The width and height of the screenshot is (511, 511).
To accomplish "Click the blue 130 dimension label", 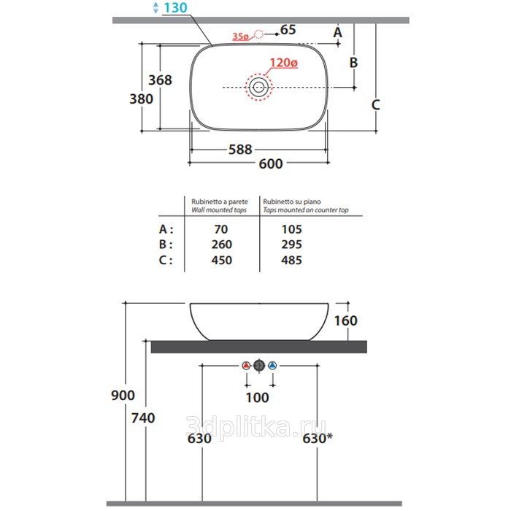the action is tap(175, 8).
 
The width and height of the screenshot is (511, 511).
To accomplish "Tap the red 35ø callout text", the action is tap(240, 36).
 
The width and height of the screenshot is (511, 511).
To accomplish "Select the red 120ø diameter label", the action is tap(284, 63).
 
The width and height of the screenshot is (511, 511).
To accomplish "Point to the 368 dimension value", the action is tap(160, 80).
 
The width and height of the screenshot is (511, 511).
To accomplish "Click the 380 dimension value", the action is tap(141, 99).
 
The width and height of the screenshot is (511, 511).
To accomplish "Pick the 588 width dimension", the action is tap(240, 150).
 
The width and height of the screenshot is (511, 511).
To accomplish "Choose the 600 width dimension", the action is tap(271, 164).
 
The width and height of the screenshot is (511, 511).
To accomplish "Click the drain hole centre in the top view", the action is tap(258, 87).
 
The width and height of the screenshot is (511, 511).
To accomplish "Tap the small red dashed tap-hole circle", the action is tap(258, 34).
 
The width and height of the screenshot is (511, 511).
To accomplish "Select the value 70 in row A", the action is tap(221, 229).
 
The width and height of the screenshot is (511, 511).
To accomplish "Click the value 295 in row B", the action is tap(292, 245).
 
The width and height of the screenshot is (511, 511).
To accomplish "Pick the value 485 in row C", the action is tap(292, 260).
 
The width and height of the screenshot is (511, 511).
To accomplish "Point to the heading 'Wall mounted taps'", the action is tap(219, 210).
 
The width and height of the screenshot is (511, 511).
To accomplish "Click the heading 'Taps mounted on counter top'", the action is tap(306, 210).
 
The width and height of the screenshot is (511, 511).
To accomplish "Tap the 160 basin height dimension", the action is tap(346, 320).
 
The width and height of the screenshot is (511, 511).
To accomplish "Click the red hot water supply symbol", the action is tap(247, 366).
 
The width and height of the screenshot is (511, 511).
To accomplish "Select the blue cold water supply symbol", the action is tap(272, 366).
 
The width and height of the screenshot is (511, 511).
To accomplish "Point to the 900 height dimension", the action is tap(123, 396).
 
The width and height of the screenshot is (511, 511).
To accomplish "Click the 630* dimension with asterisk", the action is tap(318, 438).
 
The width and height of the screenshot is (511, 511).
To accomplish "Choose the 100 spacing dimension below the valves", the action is tap(257, 398).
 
